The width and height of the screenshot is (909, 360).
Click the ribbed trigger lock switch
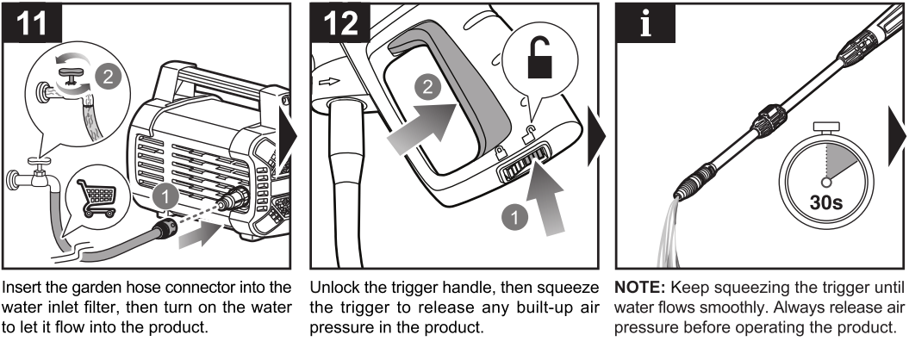523,159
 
